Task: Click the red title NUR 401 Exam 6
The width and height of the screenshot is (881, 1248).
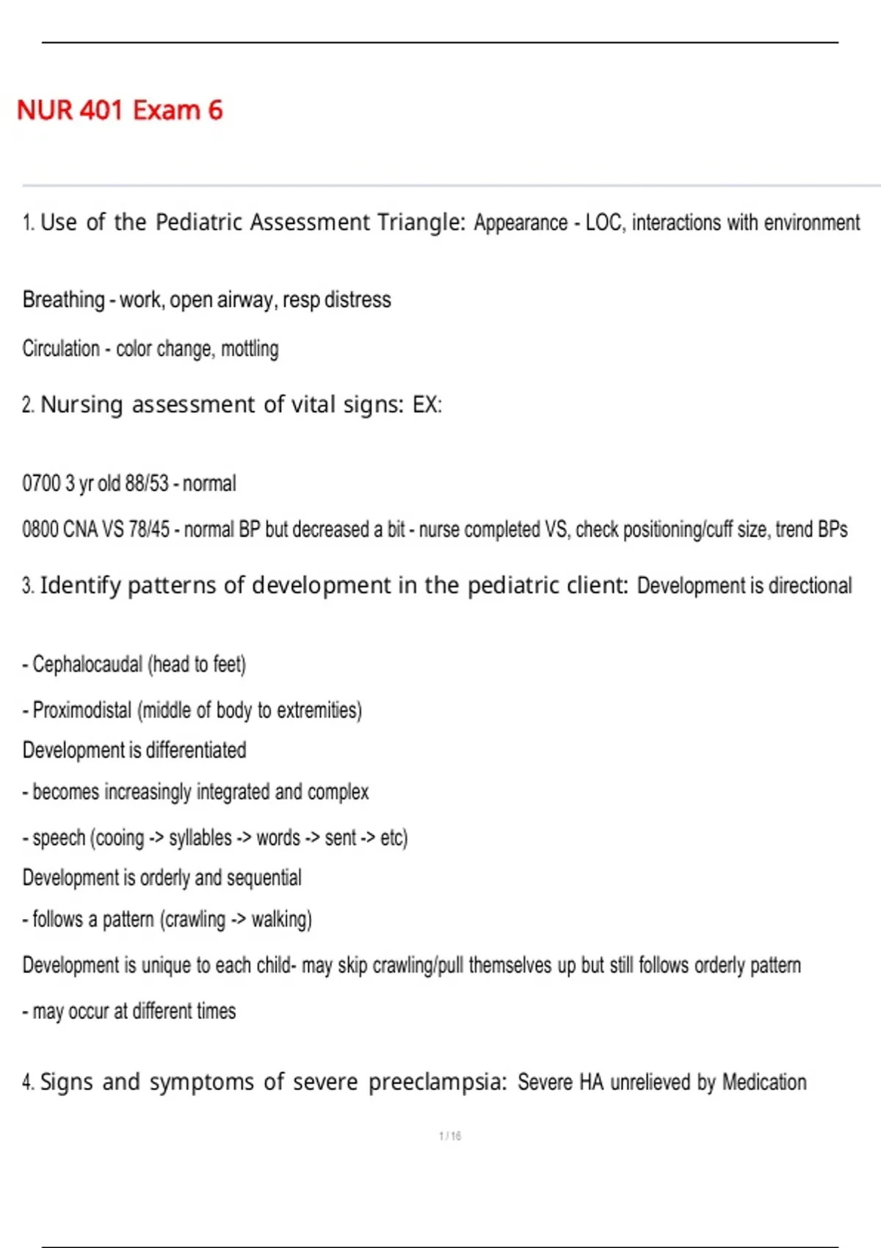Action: (x=120, y=110)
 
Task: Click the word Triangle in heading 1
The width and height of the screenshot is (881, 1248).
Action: (x=421, y=222)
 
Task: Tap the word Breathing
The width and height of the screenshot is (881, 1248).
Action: (x=64, y=300)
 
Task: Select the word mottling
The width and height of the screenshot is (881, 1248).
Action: (x=250, y=349)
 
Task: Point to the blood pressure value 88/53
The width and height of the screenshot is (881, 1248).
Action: (x=147, y=484)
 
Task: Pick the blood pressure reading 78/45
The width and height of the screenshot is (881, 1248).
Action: (x=149, y=529)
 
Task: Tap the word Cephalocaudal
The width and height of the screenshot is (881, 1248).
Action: (x=87, y=664)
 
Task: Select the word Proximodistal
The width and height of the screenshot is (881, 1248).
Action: (x=82, y=711)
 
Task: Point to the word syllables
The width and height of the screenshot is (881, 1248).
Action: (x=200, y=838)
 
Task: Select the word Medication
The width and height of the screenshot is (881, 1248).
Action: (x=764, y=1082)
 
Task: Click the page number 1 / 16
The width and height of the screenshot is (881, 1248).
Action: (x=450, y=1136)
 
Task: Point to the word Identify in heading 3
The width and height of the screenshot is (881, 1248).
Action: (x=80, y=585)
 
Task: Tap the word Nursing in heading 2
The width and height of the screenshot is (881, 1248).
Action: (x=81, y=404)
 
